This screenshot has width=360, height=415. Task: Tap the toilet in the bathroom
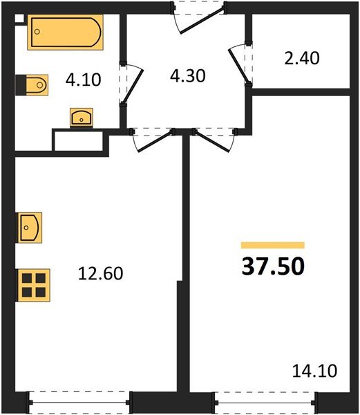coord(32,85)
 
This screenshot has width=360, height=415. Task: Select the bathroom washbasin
coord(82,116)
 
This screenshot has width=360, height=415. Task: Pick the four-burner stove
coord(33,284)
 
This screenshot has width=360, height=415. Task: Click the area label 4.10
coord(84,79)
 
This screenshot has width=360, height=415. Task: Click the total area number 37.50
coord(272,266)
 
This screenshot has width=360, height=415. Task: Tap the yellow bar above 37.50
coord(272,245)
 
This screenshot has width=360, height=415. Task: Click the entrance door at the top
coord(198,15)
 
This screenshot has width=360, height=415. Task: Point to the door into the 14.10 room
coord(214,140)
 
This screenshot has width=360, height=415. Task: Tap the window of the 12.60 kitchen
coord(79,400)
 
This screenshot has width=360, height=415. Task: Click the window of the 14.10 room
coord(265,400)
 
